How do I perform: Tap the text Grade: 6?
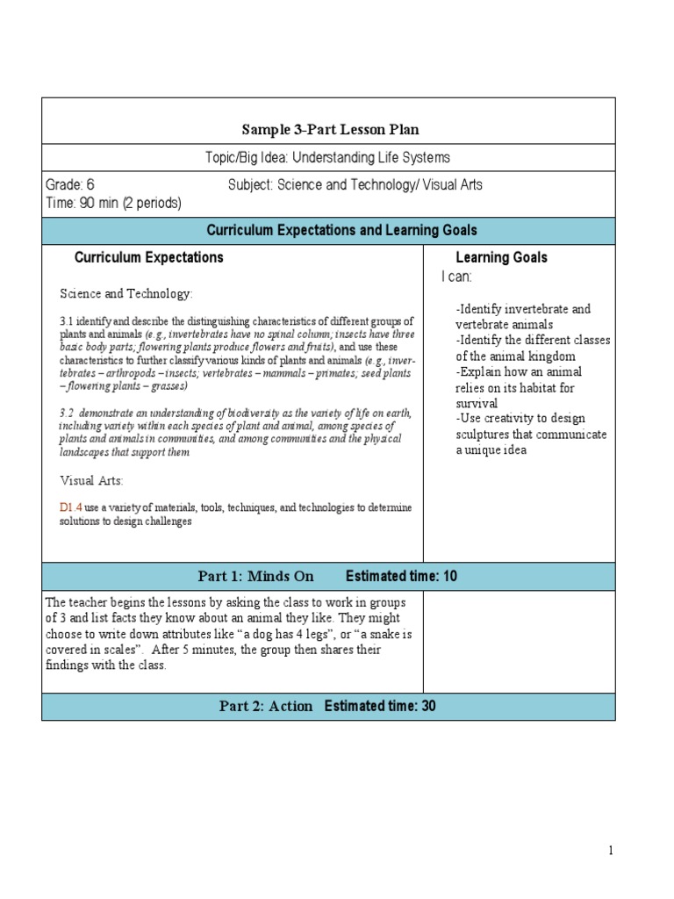69,185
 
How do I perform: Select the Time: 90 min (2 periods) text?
113,203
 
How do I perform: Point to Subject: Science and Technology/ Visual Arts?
355,185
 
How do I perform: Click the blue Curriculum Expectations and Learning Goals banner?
341,230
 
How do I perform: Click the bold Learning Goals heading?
501,257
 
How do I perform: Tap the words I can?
456,277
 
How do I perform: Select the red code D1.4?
70,507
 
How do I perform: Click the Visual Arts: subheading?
91,480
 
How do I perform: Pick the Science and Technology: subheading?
125,293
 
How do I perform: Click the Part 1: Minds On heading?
255,577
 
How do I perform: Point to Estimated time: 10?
401,577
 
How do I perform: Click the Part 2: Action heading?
266,707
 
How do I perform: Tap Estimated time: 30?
380,707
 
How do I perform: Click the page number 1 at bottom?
610,850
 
